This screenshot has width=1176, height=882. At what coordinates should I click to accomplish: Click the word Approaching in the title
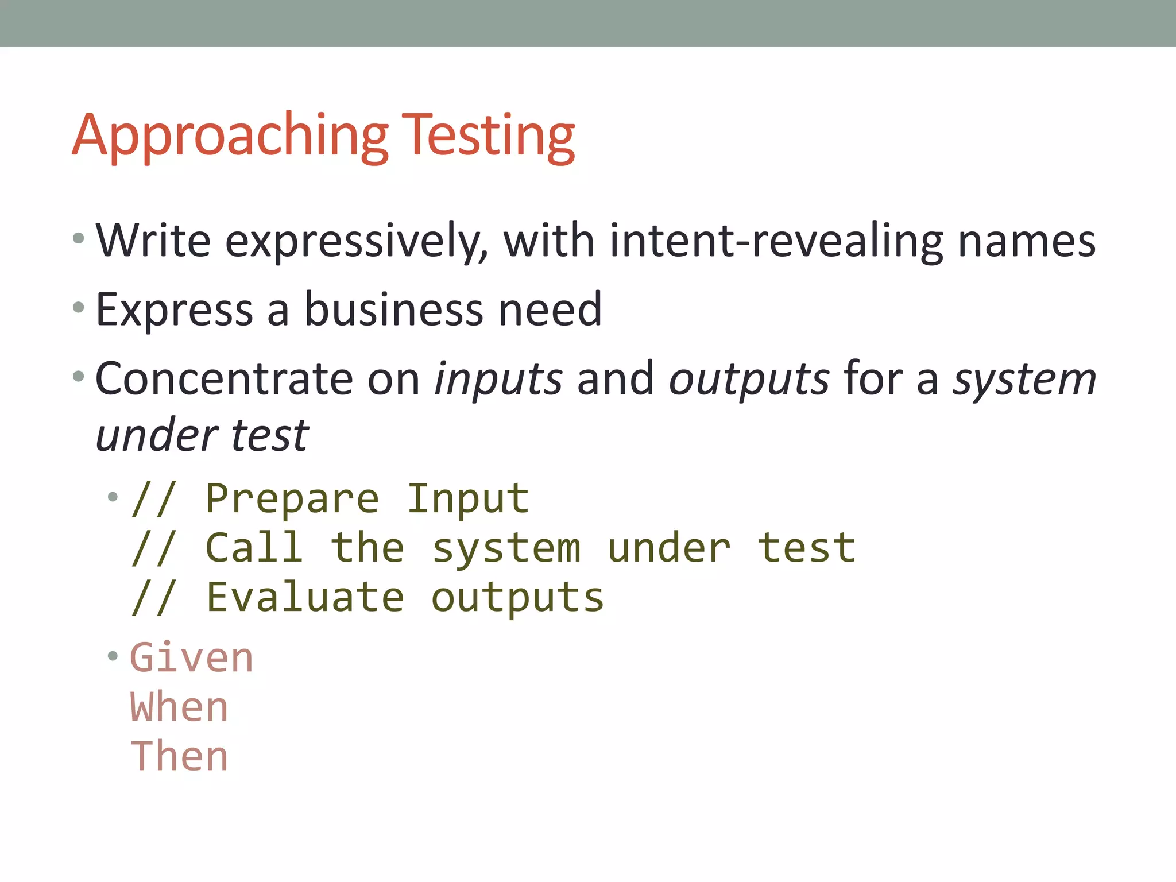point(230,137)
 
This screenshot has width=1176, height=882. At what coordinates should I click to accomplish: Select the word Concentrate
point(224,379)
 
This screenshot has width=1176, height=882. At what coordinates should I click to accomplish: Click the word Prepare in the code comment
point(292,498)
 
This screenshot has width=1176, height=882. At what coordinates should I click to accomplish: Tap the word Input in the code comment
point(468,498)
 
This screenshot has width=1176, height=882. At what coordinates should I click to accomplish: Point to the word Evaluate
point(305,597)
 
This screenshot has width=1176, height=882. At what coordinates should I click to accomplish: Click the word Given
point(192,658)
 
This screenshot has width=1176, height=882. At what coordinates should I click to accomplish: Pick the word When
point(179,707)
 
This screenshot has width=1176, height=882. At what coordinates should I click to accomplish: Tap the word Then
point(179,756)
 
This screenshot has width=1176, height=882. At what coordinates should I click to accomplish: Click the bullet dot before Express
point(79,308)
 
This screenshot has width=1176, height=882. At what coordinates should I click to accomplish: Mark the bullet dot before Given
point(113,655)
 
